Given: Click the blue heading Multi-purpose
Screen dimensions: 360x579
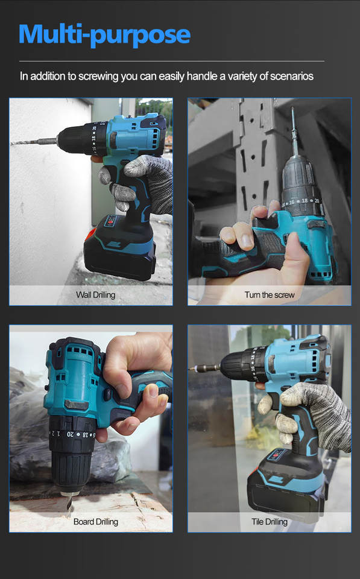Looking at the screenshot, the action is (104, 35).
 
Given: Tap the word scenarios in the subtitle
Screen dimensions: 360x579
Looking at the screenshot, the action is (292, 76).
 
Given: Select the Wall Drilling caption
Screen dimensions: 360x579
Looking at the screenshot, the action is (96, 295).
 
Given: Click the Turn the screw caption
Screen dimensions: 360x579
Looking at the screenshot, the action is (270, 295).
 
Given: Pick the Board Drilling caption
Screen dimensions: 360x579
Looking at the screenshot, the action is (96, 521).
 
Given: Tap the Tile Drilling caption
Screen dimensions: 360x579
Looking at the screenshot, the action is (270, 521).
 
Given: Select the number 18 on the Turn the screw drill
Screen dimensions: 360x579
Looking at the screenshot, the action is (305, 201).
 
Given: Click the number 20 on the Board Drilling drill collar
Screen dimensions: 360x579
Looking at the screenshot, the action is (70, 434).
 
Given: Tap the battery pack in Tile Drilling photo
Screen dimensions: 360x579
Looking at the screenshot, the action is (286, 484).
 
